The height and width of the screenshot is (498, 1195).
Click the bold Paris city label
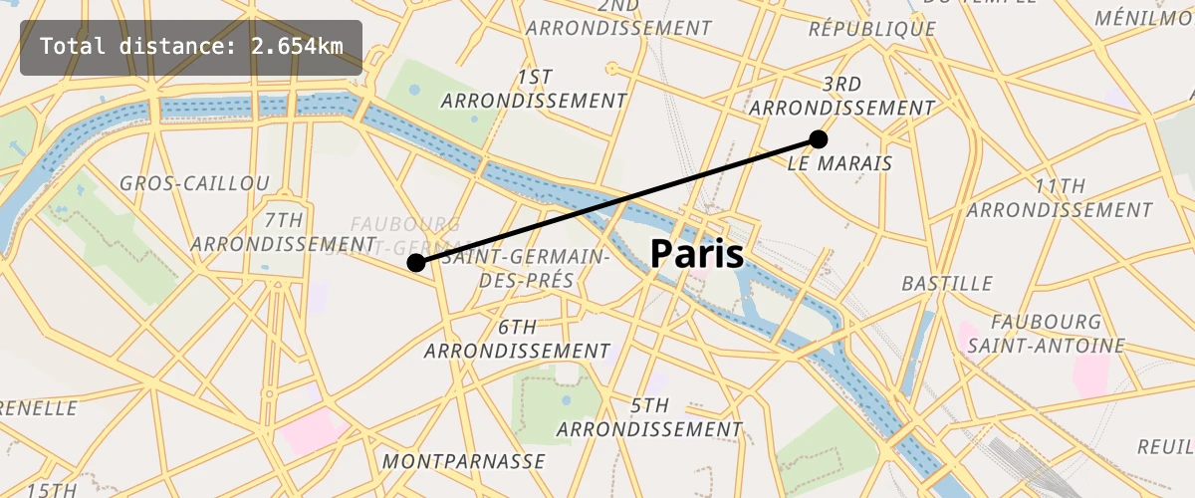pyautogui.click(x=697, y=255)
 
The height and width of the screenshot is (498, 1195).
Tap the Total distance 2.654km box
pyautogui.click(x=191, y=47)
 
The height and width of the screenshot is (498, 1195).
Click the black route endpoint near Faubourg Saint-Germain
pyautogui.click(x=416, y=263)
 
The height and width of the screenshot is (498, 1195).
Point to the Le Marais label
pyautogui.click(x=839, y=162)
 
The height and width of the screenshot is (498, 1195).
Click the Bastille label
pyautogui.click(x=947, y=284)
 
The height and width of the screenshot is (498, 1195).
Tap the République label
pyautogui.click(x=872, y=29)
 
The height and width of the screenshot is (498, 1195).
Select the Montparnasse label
pyautogui.click(x=464, y=461)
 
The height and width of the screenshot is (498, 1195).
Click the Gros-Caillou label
pyautogui.click(x=194, y=183)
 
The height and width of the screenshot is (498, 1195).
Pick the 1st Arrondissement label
pyautogui.click(x=535, y=89)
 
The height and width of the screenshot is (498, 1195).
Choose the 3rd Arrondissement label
pyautogui.click(x=842, y=96)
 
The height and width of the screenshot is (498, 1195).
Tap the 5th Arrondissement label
pyautogui.click(x=649, y=417)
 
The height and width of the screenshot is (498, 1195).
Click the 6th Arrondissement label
pyautogui.click(x=517, y=339)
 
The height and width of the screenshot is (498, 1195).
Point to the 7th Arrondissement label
pyautogui.click(x=283, y=231)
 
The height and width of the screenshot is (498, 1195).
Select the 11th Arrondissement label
pyautogui.click(x=1060, y=198)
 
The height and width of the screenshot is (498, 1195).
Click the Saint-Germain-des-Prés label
pyautogui.click(x=527, y=269)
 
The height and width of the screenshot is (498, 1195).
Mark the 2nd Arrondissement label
pyautogui.click(x=619, y=17)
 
